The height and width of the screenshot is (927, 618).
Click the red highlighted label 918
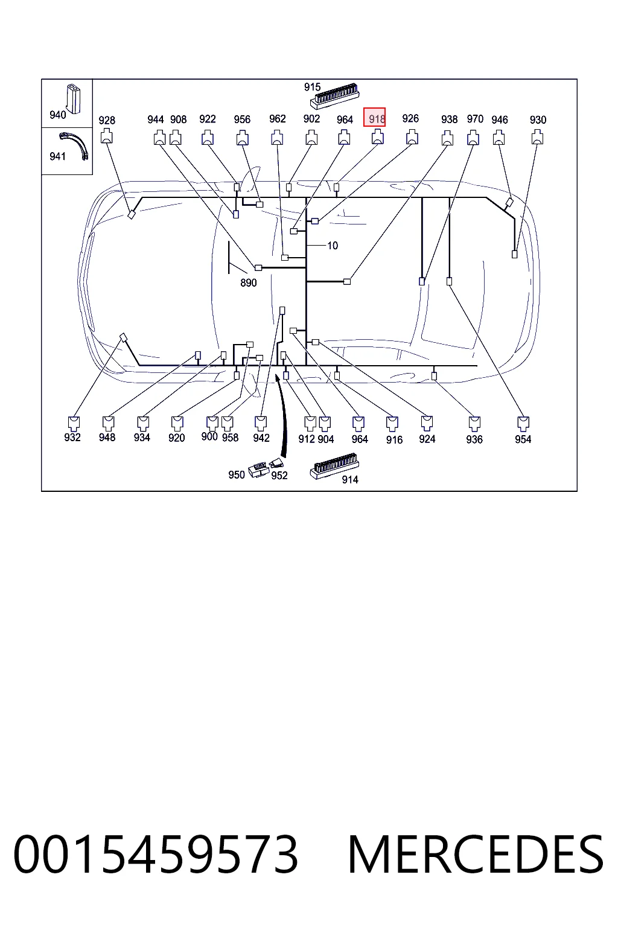tap(374, 118)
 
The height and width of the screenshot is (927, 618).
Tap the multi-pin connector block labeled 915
tap(334, 97)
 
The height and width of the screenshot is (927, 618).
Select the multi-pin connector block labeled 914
tap(334, 466)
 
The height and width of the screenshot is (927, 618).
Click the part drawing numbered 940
tap(73, 99)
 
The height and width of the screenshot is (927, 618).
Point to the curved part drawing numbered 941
tap(75, 145)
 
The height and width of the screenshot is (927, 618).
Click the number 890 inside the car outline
tap(249, 283)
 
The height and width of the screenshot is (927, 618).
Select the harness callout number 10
tap(333, 246)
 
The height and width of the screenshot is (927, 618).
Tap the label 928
tap(107, 121)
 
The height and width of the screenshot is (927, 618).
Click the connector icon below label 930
tap(537, 137)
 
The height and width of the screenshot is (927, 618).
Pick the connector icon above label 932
tap(74, 423)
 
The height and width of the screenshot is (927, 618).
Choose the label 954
tap(523, 439)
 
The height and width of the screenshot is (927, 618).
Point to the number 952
tap(279, 476)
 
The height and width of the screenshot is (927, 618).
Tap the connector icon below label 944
tap(159, 138)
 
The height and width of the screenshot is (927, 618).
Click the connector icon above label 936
tap(474, 424)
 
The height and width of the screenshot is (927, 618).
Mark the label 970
tap(475, 119)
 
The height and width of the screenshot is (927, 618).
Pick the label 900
tap(209, 436)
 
